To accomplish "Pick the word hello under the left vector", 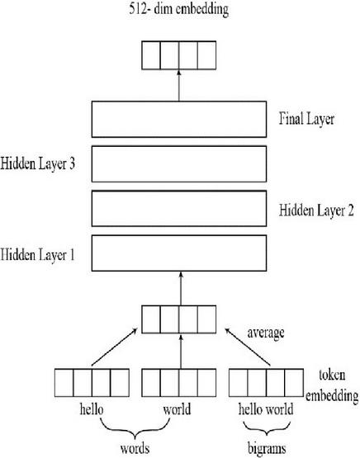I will pyautogui.click(x=91, y=408).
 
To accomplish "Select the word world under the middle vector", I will pyautogui.click(x=178, y=408).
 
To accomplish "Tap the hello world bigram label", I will pyautogui.click(x=266, y=408).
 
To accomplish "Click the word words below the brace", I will pyautogui.click(x=135, y=449).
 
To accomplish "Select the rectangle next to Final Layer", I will pyautogui.click(x=179, y=120).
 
